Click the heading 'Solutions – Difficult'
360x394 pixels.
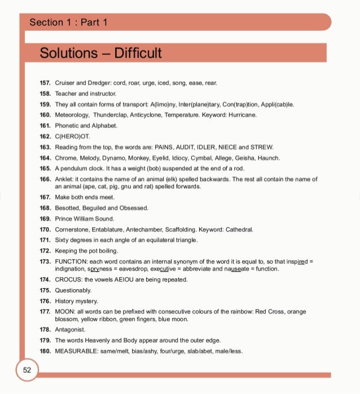point(100,53)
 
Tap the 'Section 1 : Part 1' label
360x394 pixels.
point(68,23)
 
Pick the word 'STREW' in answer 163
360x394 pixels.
point(263,147)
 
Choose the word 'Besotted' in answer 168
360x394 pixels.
point(67,208)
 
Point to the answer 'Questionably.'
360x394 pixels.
point(73,290)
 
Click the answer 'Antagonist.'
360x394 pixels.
point(71,329)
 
